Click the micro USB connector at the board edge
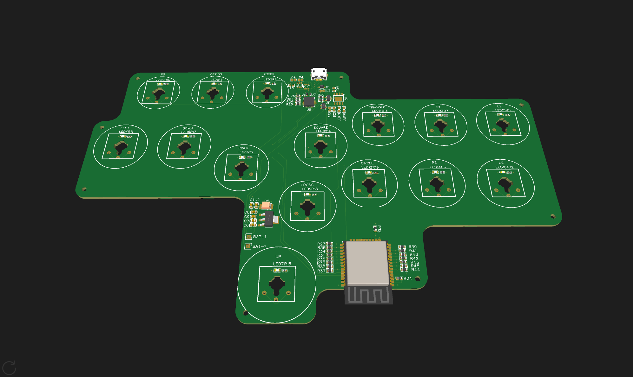(319, 74)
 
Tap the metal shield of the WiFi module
(367, 263)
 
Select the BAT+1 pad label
(260, 237)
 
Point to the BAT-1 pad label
(259, 246)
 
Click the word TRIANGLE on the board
(377, 107)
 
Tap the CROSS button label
(307, 185)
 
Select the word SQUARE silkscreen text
(320, 127)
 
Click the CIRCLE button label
(367, 163)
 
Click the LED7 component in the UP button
(277, 271)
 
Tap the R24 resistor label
(408, 278)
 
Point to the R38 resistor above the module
(376, 229)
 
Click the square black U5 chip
(309, 102)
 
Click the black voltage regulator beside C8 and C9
(269, 219)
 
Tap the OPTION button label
(216, 74)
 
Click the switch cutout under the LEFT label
(121, 147)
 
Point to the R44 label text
(415, 270)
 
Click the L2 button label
(501, 163)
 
